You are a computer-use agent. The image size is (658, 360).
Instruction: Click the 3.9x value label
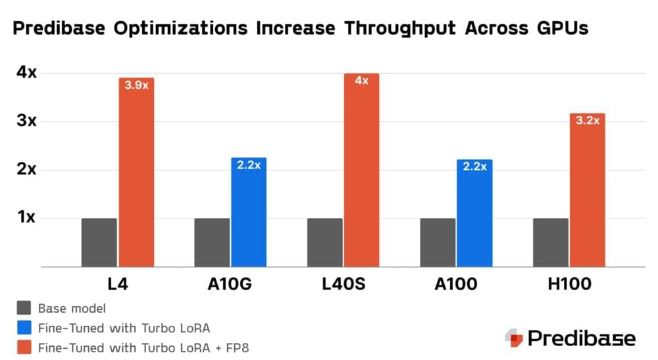tap(136, 85)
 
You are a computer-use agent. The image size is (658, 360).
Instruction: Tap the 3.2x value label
tap(587, 120)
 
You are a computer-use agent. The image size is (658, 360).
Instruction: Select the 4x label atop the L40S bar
tap(361, 80)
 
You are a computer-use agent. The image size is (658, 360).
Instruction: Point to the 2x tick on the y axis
tap(26, 169)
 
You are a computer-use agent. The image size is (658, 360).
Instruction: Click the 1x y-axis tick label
tap(26, 218)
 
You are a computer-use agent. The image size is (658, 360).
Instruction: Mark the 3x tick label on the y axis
tap(26, 121)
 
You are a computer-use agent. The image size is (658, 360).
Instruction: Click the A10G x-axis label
tap(230, 285)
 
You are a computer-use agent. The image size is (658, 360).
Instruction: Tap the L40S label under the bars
tap(343, 285)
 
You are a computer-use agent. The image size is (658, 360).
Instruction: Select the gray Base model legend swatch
tap(24, 308)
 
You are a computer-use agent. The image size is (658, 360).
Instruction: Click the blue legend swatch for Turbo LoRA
tap(24, 328)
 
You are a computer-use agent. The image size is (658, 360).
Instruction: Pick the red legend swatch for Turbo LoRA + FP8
tap(24, 347)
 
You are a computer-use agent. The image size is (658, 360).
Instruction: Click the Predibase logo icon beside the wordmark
tap(514, 338)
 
